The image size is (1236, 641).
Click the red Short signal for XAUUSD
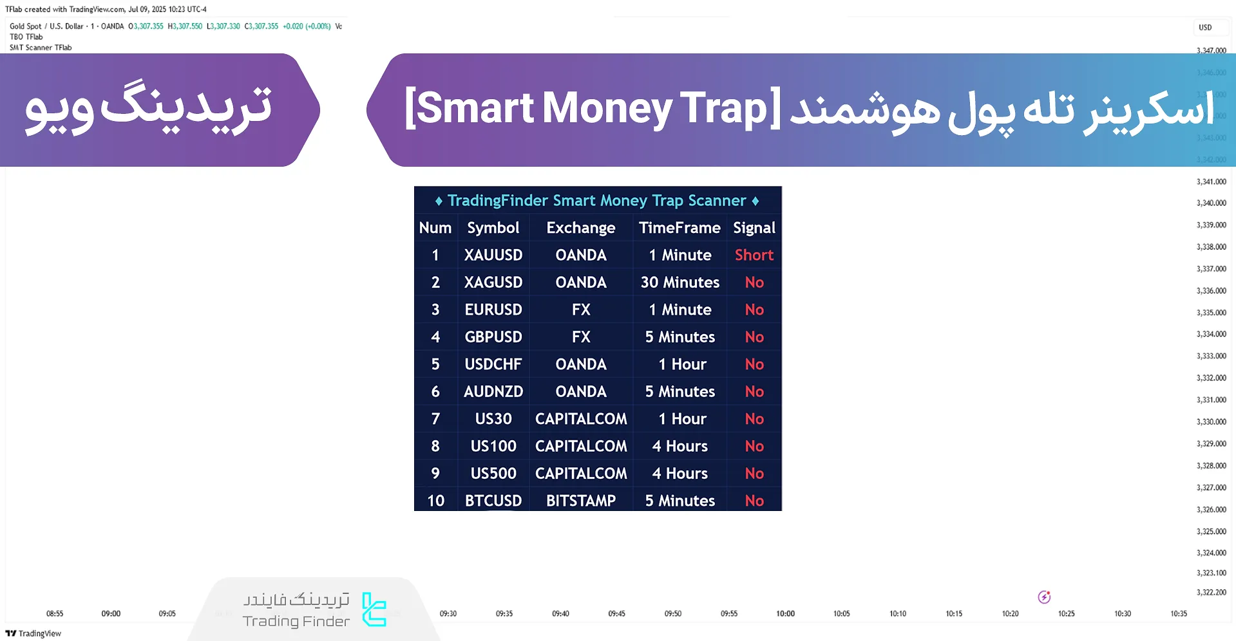[x=754, y=255]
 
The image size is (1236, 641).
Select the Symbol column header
[x=493, y=228]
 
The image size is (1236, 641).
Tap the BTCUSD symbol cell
[x=493, y=501]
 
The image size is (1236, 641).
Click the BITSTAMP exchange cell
[x=580, y=501]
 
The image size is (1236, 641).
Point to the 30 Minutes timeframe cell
[x=680, y=283]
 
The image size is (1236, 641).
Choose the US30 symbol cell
[x=493, y=419]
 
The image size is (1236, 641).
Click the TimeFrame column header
[x=680, y=228]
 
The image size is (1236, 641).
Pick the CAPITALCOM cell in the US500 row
[x=580, y=474]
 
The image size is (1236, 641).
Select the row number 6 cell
[x=435, y=392]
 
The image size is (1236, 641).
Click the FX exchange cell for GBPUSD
[x=580, y=337]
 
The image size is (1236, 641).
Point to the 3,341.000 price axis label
[x=1211, y=181]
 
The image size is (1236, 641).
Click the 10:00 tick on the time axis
[x=785, y=613]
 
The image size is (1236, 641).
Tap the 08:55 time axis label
[x=55, y=613]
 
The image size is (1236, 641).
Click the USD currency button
[x=1205, y=27]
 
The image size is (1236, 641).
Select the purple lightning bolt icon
[x=1044, y=597]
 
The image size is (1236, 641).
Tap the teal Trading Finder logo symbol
[x=374, y=609]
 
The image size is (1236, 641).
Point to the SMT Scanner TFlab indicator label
[x=41, y=48]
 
